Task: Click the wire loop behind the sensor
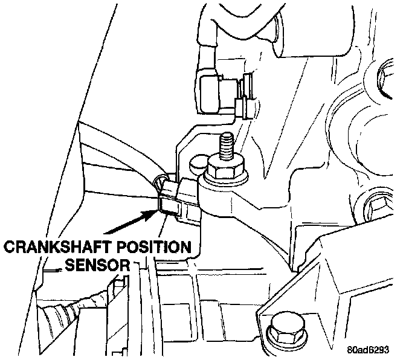158,181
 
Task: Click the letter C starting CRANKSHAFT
9,247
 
